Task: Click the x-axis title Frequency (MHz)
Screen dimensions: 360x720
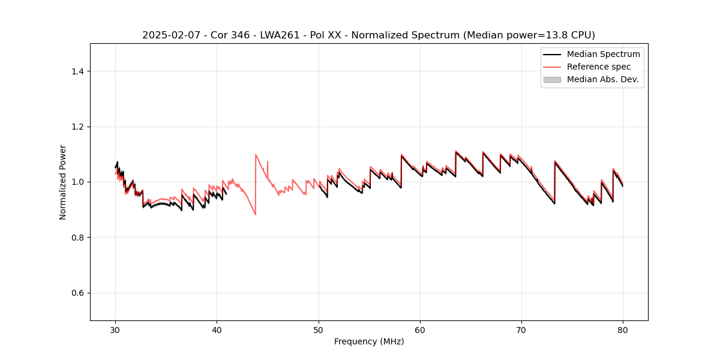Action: click(x=369, y=341)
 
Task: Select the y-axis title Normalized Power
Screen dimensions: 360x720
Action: click(x=63, y=182)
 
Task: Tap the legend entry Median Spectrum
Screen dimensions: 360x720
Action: click(x=603, y=54)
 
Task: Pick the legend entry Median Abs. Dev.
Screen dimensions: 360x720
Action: click(x=602, y=79)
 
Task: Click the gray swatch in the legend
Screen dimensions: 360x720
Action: click(x=552, y=79)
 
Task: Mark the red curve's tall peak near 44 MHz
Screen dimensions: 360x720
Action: click(x=256, y=155)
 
